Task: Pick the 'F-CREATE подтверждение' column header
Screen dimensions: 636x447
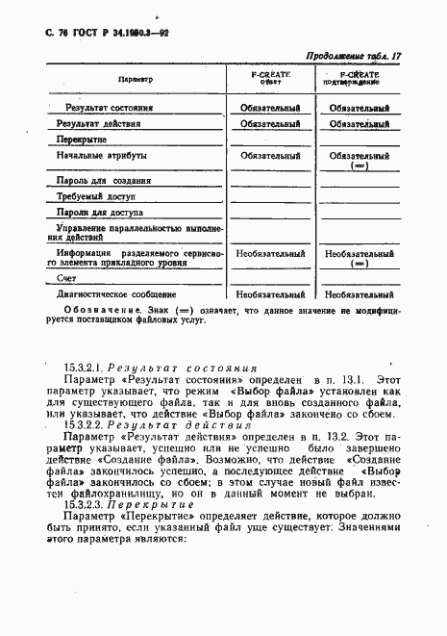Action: pyautogui.click(x=359, y=79)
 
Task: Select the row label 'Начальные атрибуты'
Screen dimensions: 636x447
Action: pyautogui.click(x=101, y=155)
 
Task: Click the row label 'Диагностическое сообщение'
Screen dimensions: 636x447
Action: pyautogui.click(x=116, y=293)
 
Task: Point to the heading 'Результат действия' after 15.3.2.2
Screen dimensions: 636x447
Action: pyautogui.click(x=174, y=422)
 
